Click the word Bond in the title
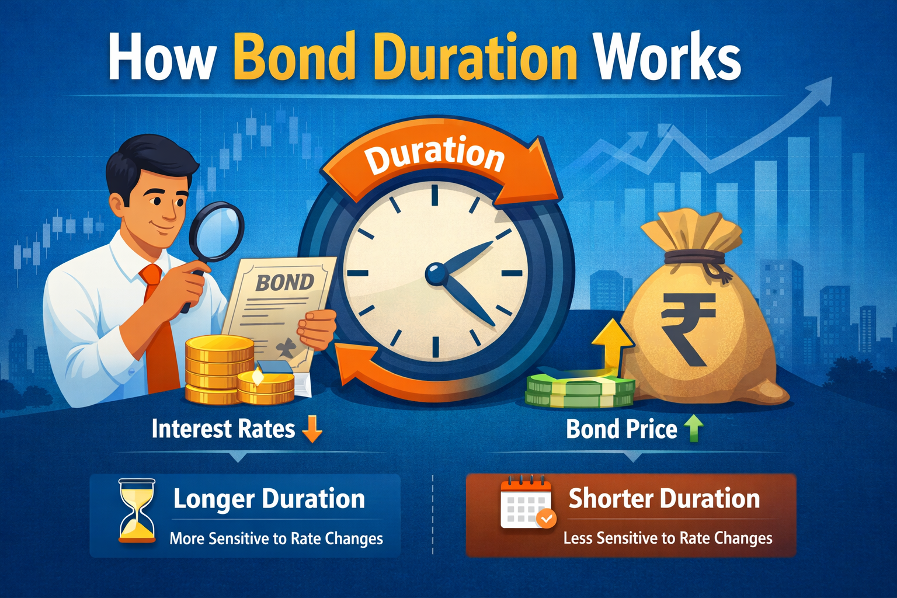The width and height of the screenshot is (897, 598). tap(294, 56)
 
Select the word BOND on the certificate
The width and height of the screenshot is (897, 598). tap(285, 283)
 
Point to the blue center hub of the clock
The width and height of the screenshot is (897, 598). tap(436, 274)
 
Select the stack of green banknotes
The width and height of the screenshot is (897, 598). tap(580, 388)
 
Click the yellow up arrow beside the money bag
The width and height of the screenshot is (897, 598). tap(613, 345)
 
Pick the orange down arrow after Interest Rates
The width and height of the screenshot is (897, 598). tap(312, 429)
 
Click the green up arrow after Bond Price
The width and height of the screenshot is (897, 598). tap(693, 429)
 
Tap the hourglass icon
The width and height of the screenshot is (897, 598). tap(137, 510)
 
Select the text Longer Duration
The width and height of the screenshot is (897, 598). tap(269, 499)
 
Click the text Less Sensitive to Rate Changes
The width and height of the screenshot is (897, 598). tap(667, 538)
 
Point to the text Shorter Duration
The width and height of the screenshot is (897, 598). tap(664, 499)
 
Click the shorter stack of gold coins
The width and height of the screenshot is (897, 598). tap(266, 387)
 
